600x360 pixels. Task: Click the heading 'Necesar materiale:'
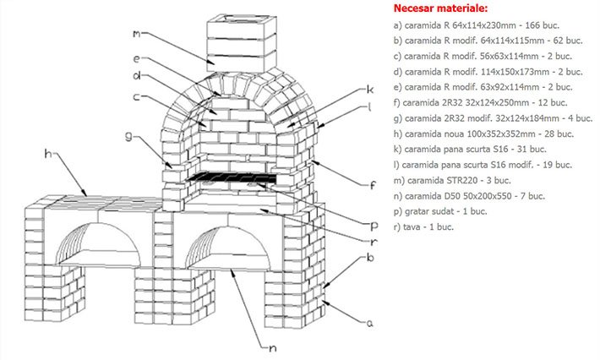tap(440, 8)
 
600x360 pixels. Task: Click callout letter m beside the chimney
tap(135, 34)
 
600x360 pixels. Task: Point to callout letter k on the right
tap(369, 90)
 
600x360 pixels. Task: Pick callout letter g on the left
tap(128, 134)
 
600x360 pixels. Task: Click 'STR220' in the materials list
tap(472, 180)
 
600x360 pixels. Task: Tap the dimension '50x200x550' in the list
tap(491, 195)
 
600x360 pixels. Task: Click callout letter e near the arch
tap(136, 59)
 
